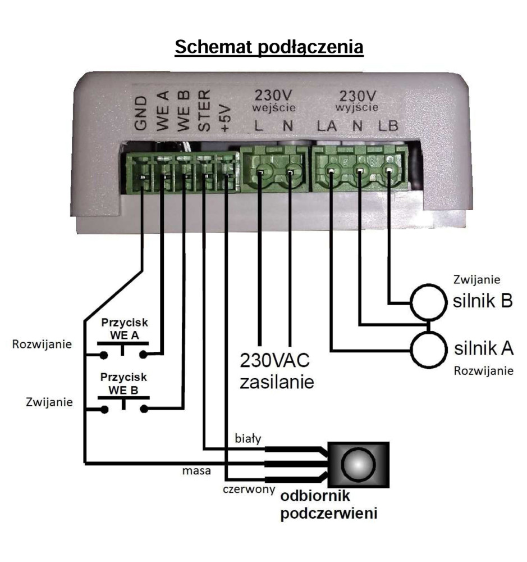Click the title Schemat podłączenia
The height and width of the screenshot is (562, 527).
coord(269,48)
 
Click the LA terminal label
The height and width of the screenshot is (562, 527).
coord(326,126)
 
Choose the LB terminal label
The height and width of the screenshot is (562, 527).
coord(387,126)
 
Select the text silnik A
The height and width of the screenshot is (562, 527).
coord(484,348)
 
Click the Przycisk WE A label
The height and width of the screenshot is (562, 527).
coord(123,331)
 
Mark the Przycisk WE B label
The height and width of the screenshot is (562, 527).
coord(123,382)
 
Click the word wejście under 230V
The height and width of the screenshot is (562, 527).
coord(274,107)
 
